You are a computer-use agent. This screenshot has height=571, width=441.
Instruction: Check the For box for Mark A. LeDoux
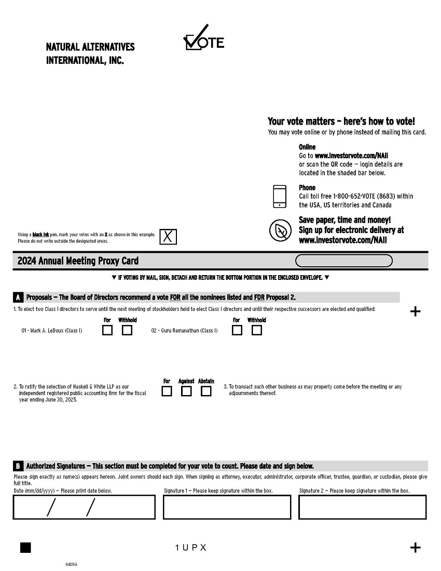pos(107,330)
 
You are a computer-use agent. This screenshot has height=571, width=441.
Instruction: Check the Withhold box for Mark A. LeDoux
pos(127,330)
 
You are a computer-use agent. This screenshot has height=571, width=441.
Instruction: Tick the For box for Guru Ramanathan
pos(237,330)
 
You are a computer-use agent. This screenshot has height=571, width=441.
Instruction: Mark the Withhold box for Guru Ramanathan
pos(256,330)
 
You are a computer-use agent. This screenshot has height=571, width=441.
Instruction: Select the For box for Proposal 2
pos(167,391)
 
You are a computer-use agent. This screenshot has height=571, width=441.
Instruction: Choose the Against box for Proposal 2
pos(186,391)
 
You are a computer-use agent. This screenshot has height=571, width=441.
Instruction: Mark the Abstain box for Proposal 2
pos(206,391)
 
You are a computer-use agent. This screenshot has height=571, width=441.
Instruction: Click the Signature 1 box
pos(227,507)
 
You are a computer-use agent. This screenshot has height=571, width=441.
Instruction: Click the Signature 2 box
pos(363,507)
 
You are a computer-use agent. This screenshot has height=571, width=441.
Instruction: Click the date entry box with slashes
pos(84,507)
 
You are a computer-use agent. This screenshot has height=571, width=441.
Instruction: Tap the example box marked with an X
pos(168,237)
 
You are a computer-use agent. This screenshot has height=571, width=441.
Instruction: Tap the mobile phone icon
pos(280,196)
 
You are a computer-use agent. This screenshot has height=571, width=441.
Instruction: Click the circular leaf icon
pos(280,230)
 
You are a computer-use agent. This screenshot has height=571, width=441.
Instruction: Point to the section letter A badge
pos(18,297)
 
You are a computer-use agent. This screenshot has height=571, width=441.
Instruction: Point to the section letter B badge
pos(18,466)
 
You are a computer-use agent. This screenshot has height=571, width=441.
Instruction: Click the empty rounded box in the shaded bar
pos(344,261)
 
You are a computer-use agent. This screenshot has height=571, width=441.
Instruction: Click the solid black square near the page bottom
pos(25,548)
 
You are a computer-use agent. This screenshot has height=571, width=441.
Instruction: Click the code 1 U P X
pos(191,548)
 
